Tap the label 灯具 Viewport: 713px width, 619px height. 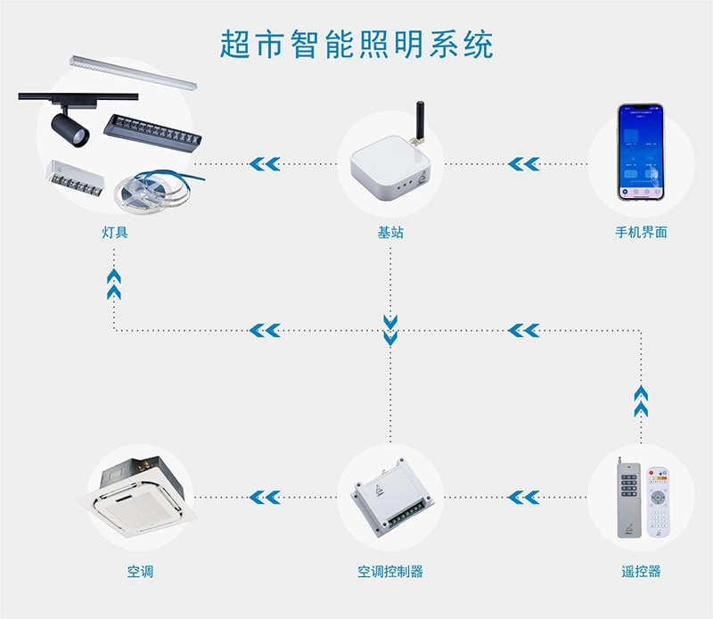tap(115, 233)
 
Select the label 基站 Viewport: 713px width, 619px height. tap(390, 233)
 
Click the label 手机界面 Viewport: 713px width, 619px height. tap(640, 233)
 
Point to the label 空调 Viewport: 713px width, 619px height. tap(140, 571)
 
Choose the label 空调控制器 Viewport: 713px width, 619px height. tap(390, 571)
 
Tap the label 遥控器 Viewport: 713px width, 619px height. tap(641, 571)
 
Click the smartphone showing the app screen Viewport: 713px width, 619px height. tap(641, 152)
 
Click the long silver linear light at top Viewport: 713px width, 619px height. tap(134, 71)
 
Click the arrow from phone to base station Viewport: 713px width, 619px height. tap(524, 164)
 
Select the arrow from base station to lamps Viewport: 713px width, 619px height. tap(265, 164)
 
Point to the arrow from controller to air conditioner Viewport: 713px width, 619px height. tap(265, 497)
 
